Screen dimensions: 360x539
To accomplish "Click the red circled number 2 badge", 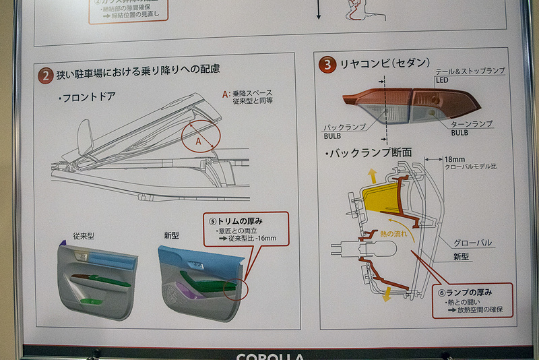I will pyautogui.click(x=46, y=76).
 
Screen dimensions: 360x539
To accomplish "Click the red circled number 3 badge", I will pyautogui.click(x=327, y=65).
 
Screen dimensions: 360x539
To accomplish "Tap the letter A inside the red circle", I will pyautogui.click(x=198, y=142).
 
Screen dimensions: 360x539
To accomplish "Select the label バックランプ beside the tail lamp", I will pyautogui.click(x=344, y=127).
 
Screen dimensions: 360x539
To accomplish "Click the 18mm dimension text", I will pyautogui.click(x=455, y=159).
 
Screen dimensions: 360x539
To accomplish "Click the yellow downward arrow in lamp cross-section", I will pyautogui.click(x=387, y=295).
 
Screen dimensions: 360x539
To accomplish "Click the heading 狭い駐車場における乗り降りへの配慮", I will pyautogui.click(x=139, y=69).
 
